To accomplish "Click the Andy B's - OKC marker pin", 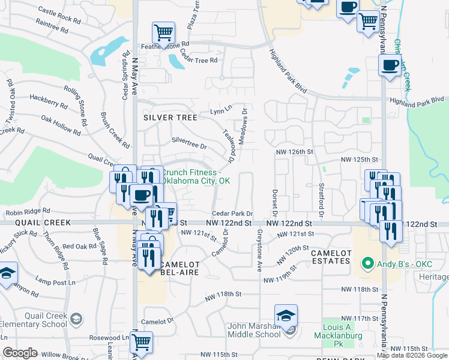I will click(364, 263).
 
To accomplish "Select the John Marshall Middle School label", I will click(254, 330).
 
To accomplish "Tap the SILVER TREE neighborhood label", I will click(170, 118).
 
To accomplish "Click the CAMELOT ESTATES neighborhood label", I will click(331, 257).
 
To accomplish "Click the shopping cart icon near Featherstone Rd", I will click(163, 32).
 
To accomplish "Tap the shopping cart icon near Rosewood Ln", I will click(142, 343).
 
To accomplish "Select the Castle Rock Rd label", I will click(59, 15).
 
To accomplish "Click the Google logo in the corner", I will click(21, 353).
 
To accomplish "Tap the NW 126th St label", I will click(295, 152).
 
